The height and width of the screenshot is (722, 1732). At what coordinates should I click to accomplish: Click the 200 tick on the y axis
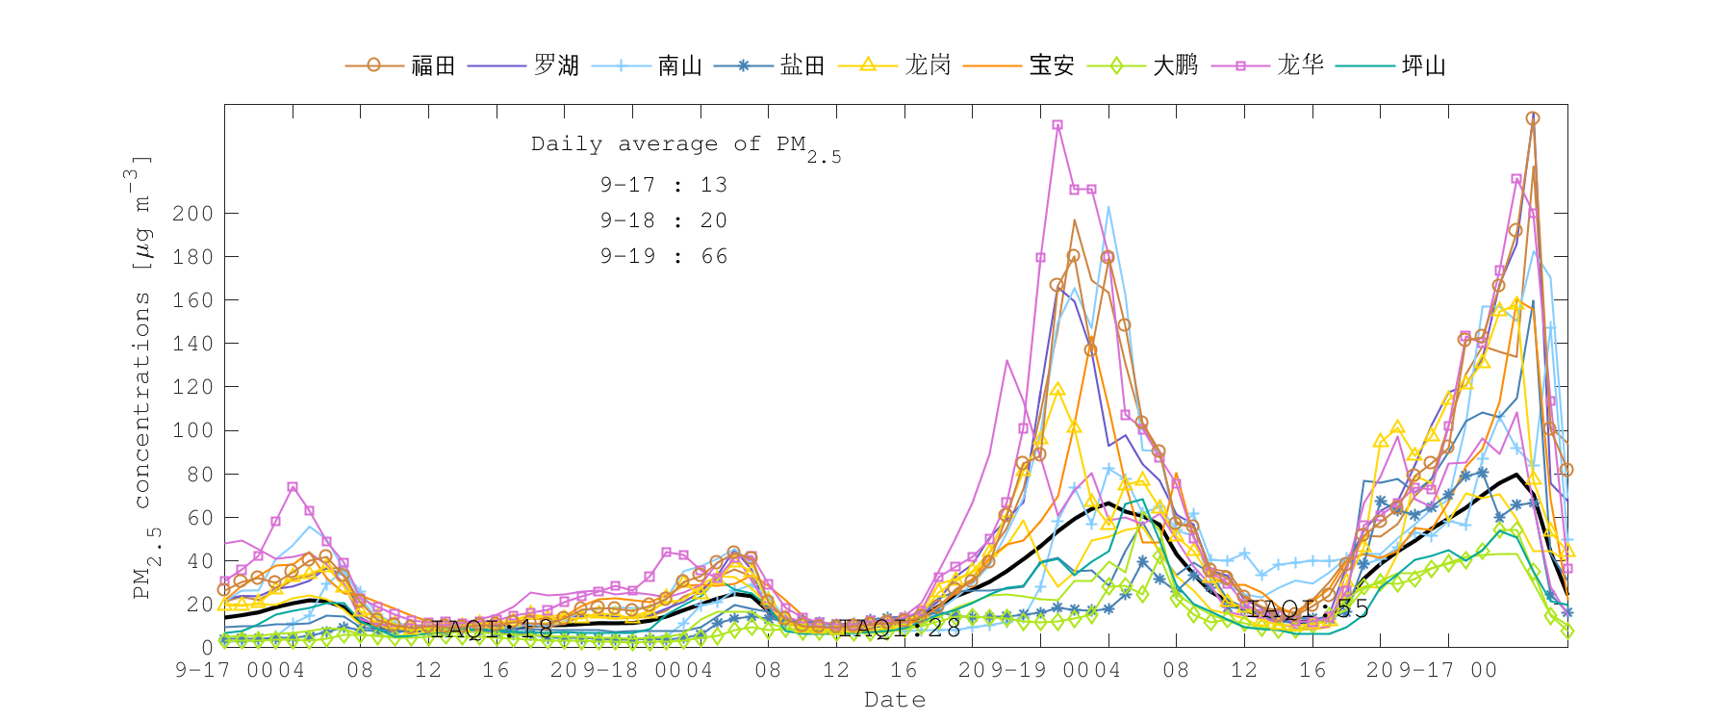(x=192, y=214)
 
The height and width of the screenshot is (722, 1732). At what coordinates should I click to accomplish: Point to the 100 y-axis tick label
(x=192, y=430)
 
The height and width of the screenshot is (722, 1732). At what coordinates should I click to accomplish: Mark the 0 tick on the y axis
(x=207, y=648)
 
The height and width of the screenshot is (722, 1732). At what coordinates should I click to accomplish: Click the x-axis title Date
(x=895, y=700)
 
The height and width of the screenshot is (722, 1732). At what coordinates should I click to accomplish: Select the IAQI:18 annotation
(x=493, y=630)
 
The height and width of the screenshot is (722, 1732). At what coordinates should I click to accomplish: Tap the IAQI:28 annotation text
(x=901, y=629)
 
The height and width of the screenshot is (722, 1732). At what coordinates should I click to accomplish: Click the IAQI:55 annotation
(x=1309, y=608)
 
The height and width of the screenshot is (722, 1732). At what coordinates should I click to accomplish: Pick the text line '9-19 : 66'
(x=664, y=256)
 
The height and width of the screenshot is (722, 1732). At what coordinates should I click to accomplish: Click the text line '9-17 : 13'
(x=664, y=185)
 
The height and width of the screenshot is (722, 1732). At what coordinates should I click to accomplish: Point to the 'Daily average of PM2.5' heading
(x=685, y=145)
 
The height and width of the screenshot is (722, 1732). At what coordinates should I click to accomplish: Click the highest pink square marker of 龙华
(x=1057, y=125)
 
